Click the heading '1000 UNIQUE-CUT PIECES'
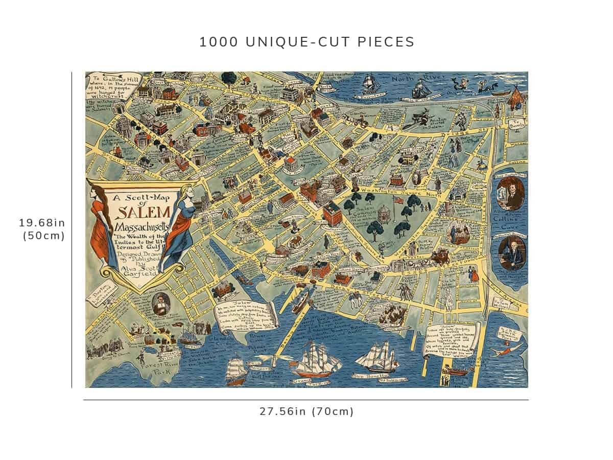pos(306,42)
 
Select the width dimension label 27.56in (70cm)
pos(306,411)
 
